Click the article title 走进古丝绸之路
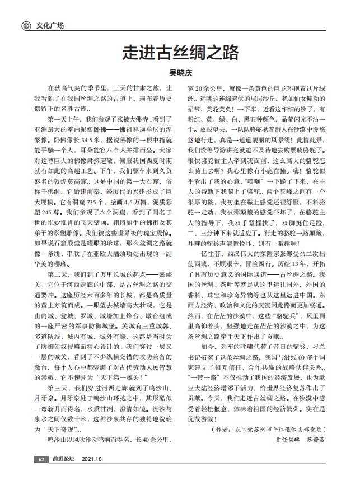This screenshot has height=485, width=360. [x=180, y=54]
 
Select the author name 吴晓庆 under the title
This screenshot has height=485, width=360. [x=180, y=72]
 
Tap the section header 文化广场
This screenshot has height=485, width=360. [x=50, y=25]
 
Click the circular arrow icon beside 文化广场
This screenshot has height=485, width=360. [x=25, y=25]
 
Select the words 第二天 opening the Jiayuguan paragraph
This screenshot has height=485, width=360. [x=58, y=275]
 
